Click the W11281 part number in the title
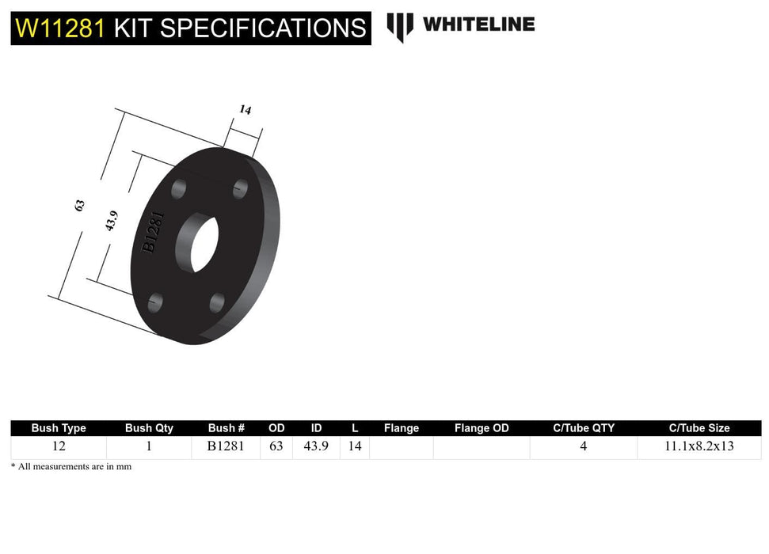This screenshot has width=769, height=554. (x=59, y=28)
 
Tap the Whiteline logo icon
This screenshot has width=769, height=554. (x=399, y=27)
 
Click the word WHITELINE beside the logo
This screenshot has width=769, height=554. (x=478, y=25)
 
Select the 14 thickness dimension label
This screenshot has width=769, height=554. (x=246, y=110)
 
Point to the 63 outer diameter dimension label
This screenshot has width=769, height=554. (x=79, y=205)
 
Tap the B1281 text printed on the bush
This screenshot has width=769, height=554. (x=154, y=232)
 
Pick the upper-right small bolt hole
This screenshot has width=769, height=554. (x=241, y=188)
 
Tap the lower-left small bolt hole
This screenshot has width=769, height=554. (x=155, y=302)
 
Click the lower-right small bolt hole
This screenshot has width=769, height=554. (x=218, y=302)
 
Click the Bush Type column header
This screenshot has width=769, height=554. (x=59, y=428)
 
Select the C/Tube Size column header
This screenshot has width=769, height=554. (x=699, y=428)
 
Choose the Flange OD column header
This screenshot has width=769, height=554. (x=482, y=428)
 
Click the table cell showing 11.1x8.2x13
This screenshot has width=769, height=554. (x=699, y=446)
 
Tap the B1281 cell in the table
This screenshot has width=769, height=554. (x=226, y=446)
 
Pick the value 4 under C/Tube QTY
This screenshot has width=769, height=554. (x=583, y=446)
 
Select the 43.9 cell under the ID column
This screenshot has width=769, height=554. (x=316, y=446)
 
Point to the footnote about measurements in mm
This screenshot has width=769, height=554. (x=71, y=467)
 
